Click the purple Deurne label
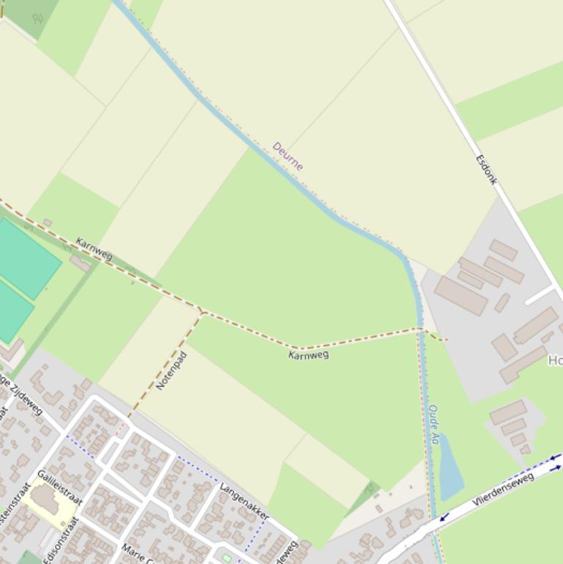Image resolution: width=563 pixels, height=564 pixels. pos(288,156)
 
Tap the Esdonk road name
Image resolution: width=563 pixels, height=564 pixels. pos(487,169)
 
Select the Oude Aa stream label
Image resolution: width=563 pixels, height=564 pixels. pos(433,425)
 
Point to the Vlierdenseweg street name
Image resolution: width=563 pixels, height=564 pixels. pos(503,489)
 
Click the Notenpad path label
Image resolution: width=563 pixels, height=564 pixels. pos(172,371)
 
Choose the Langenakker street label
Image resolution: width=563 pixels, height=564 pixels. pos(245,501)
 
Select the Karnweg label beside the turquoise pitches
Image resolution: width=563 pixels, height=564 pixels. pos(94,249)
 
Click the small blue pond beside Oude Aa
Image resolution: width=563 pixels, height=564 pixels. pos(450,467)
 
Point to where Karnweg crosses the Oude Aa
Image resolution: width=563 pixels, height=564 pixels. pos(421,330)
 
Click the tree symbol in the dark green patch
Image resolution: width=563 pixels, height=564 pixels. pos(37,18)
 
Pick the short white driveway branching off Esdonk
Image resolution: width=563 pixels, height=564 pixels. pos(540,294)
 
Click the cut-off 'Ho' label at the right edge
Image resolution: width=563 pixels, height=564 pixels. pos(555,360)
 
